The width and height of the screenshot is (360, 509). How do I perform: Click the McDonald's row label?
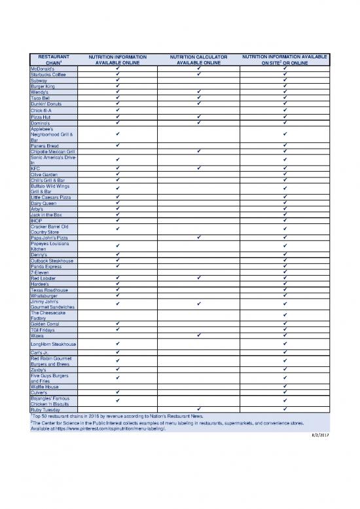[x=44, y=67]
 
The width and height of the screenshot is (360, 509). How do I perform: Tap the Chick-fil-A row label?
[x=43, y=110]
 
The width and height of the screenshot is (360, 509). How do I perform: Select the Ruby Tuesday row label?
[x=46, y=410]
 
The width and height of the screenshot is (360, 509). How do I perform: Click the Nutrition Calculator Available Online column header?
[x=198, y=60]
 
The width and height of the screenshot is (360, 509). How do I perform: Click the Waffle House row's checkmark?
[x=285, y=386]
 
